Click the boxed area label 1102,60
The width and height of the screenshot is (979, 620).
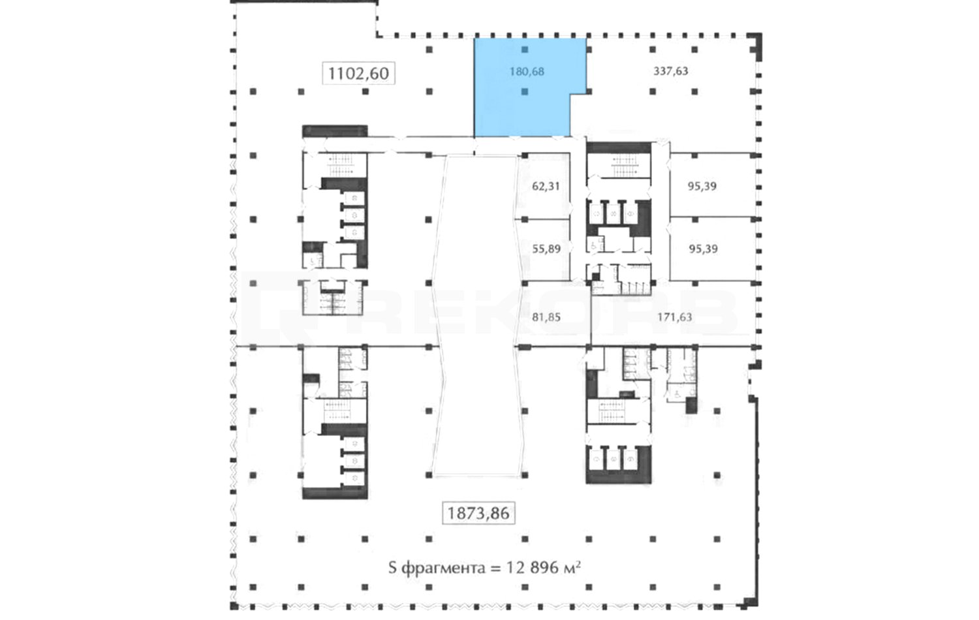358,73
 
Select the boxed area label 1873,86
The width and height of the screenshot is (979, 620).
478,513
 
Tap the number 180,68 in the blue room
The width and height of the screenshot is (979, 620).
527,71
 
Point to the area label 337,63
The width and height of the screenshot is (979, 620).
670,70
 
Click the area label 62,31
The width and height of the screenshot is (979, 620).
546,186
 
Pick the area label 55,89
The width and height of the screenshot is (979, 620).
546,249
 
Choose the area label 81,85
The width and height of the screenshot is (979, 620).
546,317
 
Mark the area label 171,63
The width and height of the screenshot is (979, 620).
675,317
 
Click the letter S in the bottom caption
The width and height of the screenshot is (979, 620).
392,568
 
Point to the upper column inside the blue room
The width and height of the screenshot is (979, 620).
525,50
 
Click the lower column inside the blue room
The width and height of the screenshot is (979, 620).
525,92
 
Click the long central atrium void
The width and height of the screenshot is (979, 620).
478,315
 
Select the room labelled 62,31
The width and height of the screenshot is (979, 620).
544,186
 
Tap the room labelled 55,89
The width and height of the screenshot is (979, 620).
544,249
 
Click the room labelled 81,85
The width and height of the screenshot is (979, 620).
553,314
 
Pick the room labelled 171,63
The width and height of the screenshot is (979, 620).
673,314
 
